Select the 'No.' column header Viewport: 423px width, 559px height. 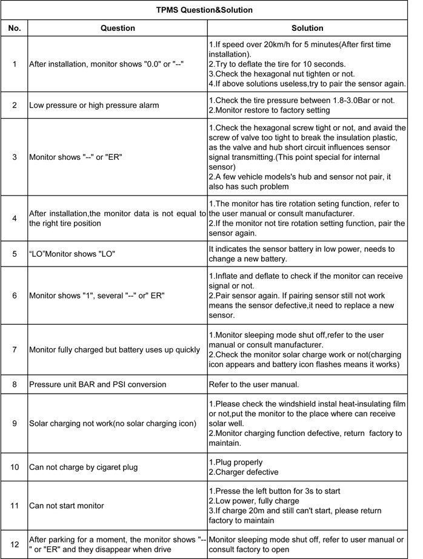15,28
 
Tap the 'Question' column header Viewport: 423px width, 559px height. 118,28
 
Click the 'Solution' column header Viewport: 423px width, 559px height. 307,28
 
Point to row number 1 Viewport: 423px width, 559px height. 15,64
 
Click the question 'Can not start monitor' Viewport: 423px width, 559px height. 67,506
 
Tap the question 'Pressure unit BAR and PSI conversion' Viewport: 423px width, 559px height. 98,385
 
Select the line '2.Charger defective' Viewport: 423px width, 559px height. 244,472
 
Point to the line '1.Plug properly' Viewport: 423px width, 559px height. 236,462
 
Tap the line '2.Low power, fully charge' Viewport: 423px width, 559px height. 254,500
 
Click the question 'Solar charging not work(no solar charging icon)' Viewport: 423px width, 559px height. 111,422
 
